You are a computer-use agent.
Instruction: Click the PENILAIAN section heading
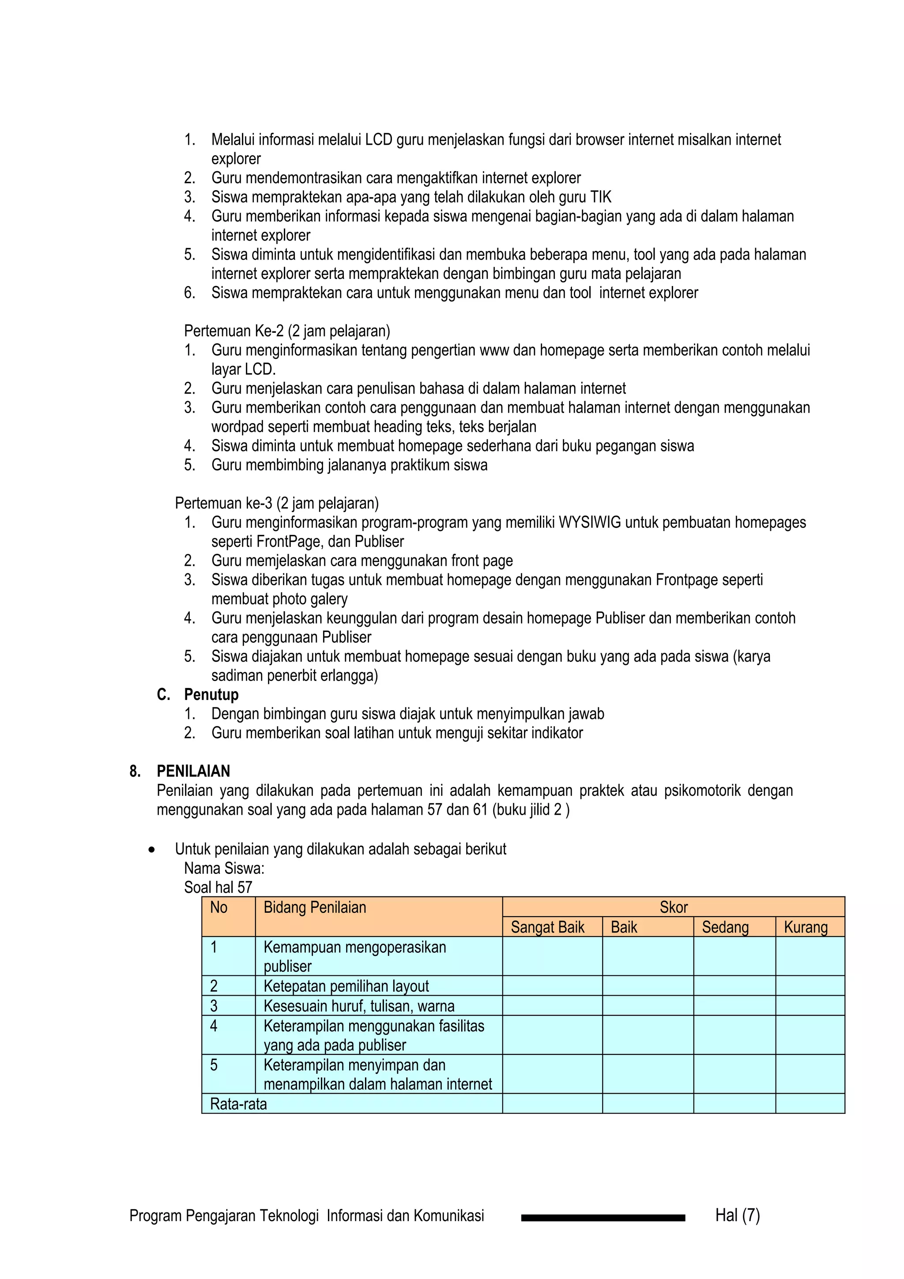[193, 771]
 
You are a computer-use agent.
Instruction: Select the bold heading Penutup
[211, 695]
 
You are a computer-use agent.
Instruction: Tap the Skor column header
[674, 907]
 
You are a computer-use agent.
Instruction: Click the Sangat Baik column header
[547, 928]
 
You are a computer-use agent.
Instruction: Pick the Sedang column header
[725, 928]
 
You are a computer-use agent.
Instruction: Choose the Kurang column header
[806, 928]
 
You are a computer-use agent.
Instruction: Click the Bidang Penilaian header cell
[315, 908]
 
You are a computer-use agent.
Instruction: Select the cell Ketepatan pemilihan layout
[346, 986]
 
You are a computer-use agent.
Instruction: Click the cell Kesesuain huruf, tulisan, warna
[359, 1006]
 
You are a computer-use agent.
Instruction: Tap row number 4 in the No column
[214, 1026]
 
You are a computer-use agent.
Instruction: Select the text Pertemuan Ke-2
[234, 331]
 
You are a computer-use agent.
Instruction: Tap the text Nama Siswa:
[224, 869]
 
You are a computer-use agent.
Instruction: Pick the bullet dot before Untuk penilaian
[151, 850]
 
